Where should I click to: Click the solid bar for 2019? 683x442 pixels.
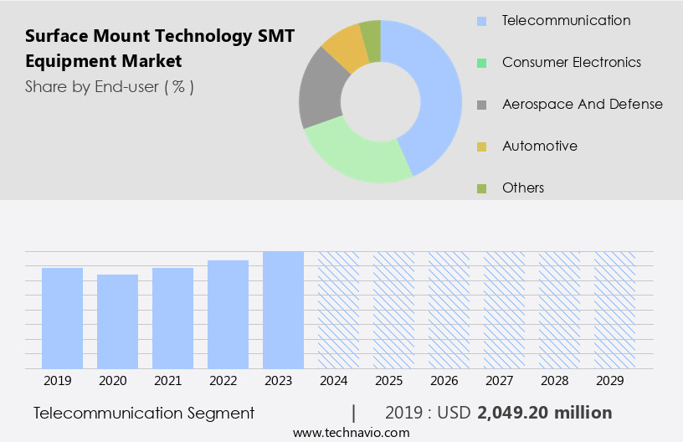pyautogui.click(x=62, y=318)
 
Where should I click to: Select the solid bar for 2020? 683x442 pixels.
pyautogui.click(x=117, y=321)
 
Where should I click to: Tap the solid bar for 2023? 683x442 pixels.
pyautogui.click(x=283, y=310)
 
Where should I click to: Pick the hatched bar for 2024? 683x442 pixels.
pyautogui.click(x=338, y=310)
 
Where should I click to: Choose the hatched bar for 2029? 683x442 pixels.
pyautogui.click(x=614, y=310)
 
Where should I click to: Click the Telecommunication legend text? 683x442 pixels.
pyautogui.click(x=566, y=20)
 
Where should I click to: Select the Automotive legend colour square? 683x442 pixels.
pyautogui.click(x=481, y=146)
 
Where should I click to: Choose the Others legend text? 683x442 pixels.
pyautogui.click(x=523, y=188)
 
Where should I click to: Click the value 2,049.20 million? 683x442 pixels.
pyautogui.click(x=544, y=413)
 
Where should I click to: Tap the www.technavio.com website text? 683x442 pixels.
pyautogui.click(x=352, y=433)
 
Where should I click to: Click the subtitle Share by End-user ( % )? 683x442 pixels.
pyautogui.click(x=110, y=86)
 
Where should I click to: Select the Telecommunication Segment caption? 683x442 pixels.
pyautogui.click(x=144, y=413)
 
